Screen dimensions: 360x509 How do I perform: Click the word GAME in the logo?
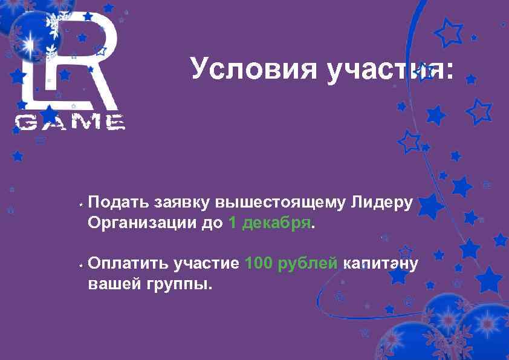70,123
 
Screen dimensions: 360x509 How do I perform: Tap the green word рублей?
311,264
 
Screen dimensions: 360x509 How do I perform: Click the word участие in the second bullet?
206,264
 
